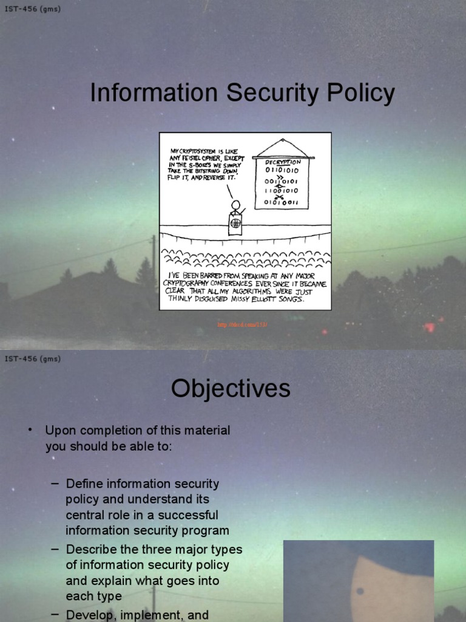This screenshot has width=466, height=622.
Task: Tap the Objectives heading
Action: [231, 389]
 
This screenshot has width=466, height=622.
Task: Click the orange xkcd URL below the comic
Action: [243, 325]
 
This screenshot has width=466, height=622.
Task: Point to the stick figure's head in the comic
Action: [235, 205]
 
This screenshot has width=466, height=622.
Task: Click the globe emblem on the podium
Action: [235, 223]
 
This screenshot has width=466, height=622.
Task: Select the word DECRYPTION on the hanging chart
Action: [282, 162]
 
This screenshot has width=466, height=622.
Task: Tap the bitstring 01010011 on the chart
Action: [281, 203]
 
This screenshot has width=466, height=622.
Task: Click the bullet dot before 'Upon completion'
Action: [29, 430]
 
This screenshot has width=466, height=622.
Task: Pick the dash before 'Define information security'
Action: [55, 484]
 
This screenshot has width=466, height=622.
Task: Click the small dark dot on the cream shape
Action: [360, 590]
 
